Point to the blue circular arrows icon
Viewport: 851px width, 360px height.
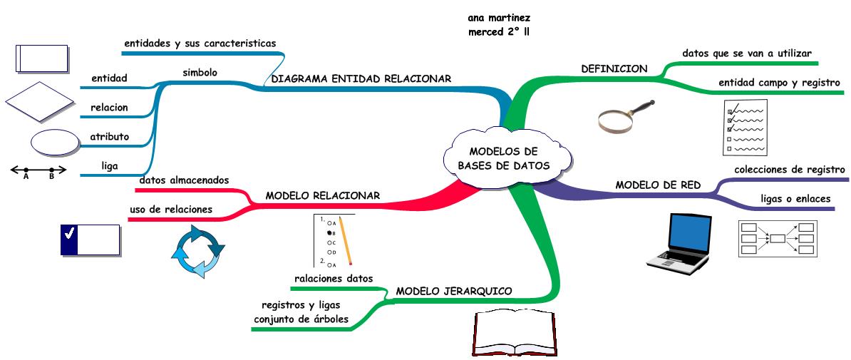click(197, 251)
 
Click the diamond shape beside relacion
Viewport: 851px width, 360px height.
click(40, 101)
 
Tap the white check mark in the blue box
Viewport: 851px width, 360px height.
click(70, 233)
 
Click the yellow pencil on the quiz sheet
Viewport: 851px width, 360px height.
click(345, 240)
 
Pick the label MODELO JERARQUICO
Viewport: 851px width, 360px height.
click(454, 291)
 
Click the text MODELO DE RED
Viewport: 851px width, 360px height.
click(658, 185)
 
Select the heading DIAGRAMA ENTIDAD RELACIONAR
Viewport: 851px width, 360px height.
click(361, 79)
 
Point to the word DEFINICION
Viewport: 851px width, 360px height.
click(614, 69)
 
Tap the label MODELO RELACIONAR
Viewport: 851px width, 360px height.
click(322, 195)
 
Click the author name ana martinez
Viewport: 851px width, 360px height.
click(499, 17)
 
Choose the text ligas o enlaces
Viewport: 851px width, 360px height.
click(795, 198)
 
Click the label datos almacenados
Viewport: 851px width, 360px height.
click(184, 180)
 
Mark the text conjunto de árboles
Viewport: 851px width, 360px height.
click(301, 319)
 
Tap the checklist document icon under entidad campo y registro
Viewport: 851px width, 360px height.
click(746, 127)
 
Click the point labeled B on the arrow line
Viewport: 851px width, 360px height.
click(51, 171)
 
